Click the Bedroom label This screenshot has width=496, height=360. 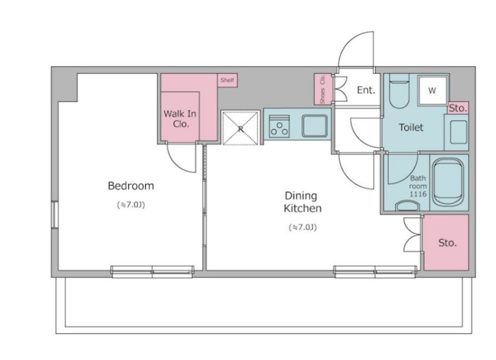(x=131, y=185)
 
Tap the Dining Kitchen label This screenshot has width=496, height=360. (x=303, y=202)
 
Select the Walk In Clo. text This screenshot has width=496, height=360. (x=180, y=118)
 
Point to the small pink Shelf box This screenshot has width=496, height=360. (x=228, y=81)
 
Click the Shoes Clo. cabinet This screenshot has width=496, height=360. (x=322, y=89)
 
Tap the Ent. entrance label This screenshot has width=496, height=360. (x=366, y=90)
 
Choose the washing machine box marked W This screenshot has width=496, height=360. (x=432, y=90)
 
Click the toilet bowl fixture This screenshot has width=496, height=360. (x=399, y=91)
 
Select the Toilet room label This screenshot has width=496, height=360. (x=411, y=128)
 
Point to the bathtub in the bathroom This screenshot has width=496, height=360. (x=448, y=182)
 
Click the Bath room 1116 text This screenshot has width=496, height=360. (x=418, y=186)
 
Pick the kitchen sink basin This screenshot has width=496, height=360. (x=314, y=126)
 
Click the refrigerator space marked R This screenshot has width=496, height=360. (x=241, y=128)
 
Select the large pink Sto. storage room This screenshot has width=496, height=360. (x=446, y=242)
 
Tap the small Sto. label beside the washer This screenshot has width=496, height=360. (x=458, y=108)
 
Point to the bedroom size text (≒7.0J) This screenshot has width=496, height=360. (x=131, y=205)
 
